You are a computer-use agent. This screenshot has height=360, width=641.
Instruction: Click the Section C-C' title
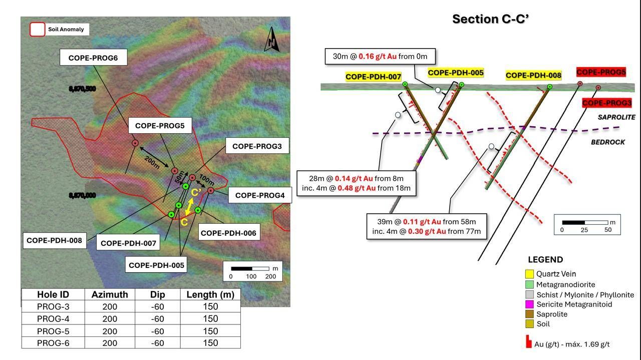[x=490, y=19]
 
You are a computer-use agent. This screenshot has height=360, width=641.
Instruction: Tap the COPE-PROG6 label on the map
[x=93, y=58]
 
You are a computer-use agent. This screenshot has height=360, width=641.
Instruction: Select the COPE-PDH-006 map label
[x=229, y=233]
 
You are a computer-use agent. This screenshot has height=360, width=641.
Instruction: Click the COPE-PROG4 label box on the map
[x=260, y=195]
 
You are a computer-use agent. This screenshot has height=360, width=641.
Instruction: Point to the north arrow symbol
[x=271, y=40]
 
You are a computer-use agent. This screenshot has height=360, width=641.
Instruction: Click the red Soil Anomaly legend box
[x=38, y=30]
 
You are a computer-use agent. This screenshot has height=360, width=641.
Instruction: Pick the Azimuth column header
[x=110, y=294]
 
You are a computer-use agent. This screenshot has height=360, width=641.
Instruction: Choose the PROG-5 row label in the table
[x=53, y=331]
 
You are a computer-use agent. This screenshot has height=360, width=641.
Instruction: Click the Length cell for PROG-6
[x=210, y=343]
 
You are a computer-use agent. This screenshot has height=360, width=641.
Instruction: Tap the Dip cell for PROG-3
[x=157, y=306]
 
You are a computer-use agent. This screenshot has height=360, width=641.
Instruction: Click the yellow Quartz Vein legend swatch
[x=529, y=274]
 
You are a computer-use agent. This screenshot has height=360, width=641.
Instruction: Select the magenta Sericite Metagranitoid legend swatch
[x=529, y=304]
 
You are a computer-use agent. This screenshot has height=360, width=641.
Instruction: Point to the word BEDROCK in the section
[x=608, y=142]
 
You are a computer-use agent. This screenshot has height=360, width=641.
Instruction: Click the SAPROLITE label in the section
[x=616, y=117]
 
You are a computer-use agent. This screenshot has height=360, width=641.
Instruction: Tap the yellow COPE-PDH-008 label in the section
[x=533, y=75]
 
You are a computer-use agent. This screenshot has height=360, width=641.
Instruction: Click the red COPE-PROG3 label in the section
[x=606, y=103]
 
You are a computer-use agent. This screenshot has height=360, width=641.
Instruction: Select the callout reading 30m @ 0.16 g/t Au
[x=380, y=57]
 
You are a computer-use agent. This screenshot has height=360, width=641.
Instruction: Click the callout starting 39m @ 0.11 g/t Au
[x=426, y=226]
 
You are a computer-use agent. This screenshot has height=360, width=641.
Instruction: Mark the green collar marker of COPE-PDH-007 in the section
[x=405, y=84]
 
